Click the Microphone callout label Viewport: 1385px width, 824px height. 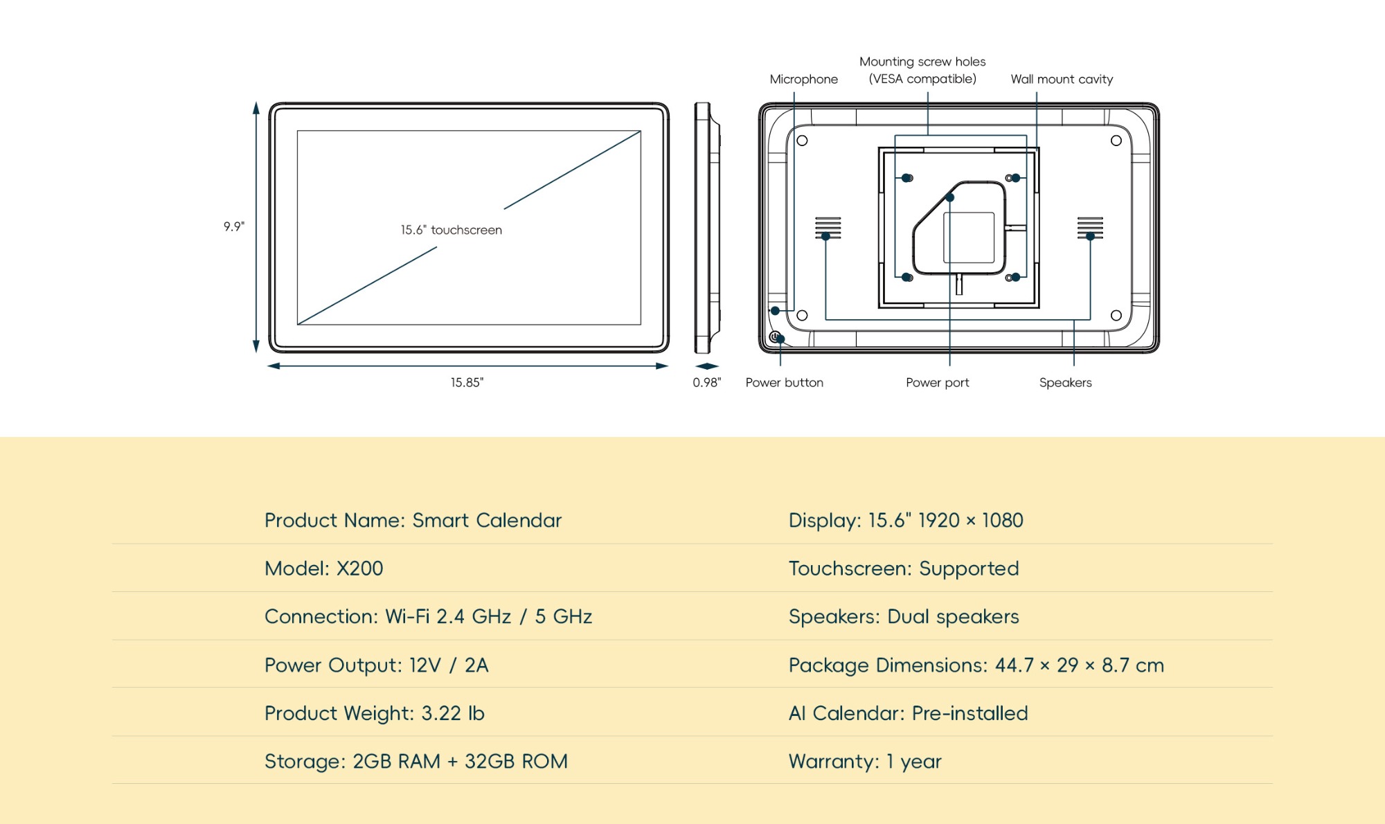coord(803,79)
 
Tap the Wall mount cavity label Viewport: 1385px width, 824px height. coord(1062,79)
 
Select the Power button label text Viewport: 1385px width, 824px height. coord(784,382)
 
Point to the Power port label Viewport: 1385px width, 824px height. coord(937,382)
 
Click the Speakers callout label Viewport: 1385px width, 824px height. coord(1065,382)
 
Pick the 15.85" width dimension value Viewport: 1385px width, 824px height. coord(467,382)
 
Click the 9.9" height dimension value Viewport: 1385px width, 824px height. coord(234,226)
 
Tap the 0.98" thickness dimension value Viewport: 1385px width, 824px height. coord(706,382)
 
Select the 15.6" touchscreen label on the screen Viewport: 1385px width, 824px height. coord(451,230)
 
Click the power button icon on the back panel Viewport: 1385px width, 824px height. coord(775,337)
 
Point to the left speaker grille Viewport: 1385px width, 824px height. coord(828,228)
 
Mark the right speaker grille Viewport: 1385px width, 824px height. coord(1090,228)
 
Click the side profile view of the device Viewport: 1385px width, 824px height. coord(706,228)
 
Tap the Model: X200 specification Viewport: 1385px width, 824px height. coord(323,568)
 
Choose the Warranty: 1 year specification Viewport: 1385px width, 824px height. coord(865,762)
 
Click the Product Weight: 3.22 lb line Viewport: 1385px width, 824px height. coord(374,713)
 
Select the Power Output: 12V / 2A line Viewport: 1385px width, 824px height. coord(376,665)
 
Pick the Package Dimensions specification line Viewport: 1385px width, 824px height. coord(976,665)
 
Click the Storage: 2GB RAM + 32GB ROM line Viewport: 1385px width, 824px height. coord(415,762)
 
